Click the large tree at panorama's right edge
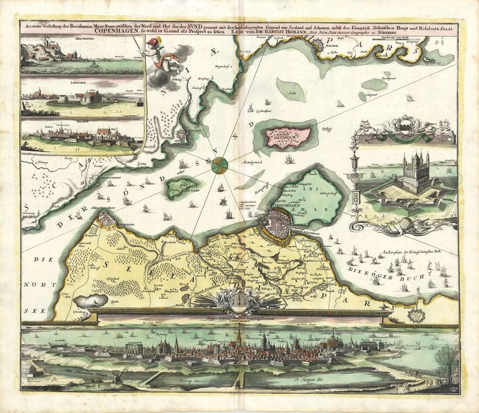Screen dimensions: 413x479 [447, 361]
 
